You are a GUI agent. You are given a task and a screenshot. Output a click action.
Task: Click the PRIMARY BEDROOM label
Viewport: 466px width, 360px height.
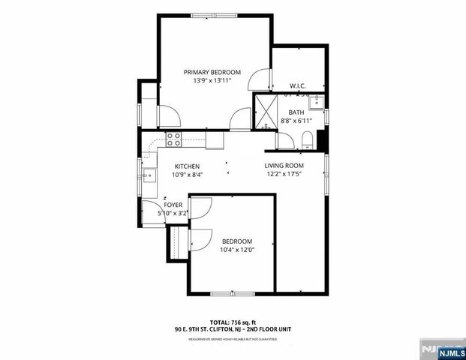click(x=212, y=72)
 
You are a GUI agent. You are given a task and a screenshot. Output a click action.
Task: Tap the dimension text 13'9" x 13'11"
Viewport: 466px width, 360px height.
click(x=212, y=80)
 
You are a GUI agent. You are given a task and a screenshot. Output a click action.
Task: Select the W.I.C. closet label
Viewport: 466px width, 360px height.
click(x=297, y=86)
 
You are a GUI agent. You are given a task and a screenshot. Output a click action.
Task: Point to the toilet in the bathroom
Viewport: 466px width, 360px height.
click(x=307, y=139)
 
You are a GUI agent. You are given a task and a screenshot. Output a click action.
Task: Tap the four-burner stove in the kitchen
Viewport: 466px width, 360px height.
click(x=174, y=138)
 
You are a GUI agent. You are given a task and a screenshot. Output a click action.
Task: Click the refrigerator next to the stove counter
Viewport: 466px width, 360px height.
click(x=215, y=139)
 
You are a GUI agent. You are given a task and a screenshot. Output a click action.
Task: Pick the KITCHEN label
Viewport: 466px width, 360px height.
click(x=187, y=166)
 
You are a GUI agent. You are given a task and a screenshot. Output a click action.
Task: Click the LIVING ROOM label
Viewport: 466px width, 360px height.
click(x=284, y=166)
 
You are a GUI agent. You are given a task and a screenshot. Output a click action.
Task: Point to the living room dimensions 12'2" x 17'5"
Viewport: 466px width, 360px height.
click(x=284, y=174)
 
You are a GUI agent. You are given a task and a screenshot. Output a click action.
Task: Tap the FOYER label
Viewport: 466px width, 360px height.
click(x=173, y=205)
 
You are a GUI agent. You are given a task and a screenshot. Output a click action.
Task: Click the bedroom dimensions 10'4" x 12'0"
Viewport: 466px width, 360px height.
click(x=237, y=250)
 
